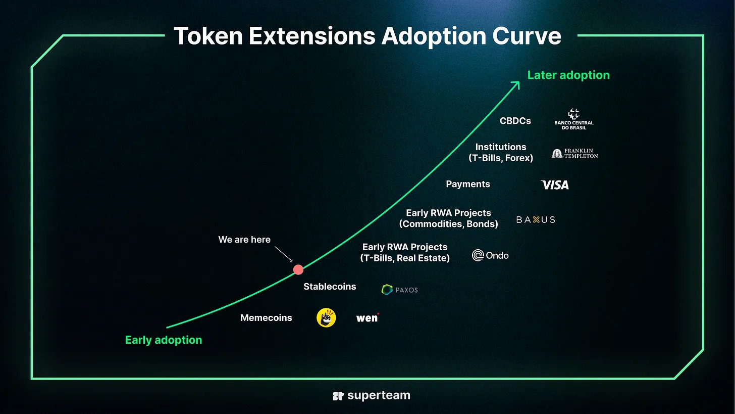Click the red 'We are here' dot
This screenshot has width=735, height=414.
298,270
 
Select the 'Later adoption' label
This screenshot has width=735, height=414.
568,75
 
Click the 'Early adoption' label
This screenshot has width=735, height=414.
164,340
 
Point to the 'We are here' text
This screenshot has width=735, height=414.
244,240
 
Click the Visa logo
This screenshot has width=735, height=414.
555,185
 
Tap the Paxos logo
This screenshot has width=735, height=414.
400,290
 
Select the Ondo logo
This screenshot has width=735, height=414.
490,255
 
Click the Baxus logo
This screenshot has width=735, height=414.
536,219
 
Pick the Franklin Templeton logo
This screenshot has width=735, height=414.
575,154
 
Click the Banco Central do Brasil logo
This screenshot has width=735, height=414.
574,119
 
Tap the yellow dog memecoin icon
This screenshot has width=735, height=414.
326,318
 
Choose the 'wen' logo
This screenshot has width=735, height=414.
367,318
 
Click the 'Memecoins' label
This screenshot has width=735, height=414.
266,318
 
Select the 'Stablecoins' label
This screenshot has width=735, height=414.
330,287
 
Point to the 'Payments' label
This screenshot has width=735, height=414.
468,184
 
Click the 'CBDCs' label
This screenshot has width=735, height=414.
515,121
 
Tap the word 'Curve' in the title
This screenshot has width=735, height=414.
527,36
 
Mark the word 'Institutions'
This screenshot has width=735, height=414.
501,147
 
